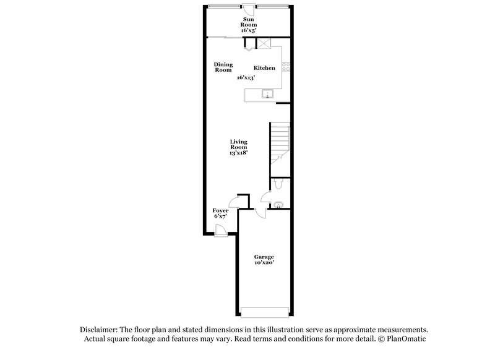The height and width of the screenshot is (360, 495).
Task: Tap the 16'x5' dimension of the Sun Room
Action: (x=247, y=29)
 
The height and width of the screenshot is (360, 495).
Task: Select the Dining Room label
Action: (x=223, y=67)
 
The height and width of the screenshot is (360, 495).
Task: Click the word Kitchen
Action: (x=264, y=68)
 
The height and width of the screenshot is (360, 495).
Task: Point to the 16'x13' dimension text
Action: (x=246, y=78)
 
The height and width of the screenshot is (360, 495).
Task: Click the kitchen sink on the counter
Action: (x=269, y=95)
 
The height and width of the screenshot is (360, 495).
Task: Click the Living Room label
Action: (x=239, y=144)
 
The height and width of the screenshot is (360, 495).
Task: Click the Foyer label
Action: (x=221, y=211)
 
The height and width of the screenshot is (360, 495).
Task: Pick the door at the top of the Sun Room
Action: (x=247, y=9)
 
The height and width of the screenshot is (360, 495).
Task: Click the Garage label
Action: (x=264, y=257)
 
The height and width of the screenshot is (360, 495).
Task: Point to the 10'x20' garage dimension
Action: (x=264, y=263)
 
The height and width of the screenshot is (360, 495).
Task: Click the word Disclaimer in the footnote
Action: (x=98, y=330)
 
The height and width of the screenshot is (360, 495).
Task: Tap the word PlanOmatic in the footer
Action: (x=405, y=339)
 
